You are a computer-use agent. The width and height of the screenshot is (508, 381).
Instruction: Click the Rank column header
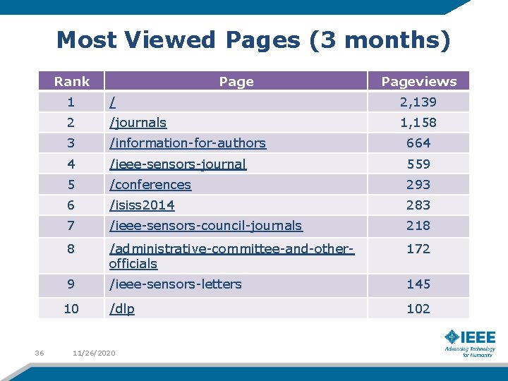tap(71, 81)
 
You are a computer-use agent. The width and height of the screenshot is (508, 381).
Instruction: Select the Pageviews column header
tap(419, 82)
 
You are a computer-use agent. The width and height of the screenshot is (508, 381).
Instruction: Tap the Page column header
tap(236, 82)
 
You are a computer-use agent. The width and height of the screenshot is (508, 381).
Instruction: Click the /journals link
tap(138, 123)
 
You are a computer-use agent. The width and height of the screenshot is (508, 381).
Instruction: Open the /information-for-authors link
tap(188, 143)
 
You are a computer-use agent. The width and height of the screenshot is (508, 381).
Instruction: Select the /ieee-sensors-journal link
tap(178, 164)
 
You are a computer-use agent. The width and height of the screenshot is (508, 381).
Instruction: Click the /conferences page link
tap(150, 185)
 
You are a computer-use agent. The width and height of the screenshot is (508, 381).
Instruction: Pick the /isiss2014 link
tap(142, 205)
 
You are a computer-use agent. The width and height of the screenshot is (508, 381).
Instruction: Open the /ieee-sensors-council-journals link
tap(206, 226)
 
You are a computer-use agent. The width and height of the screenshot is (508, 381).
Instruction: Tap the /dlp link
tap(122, 309)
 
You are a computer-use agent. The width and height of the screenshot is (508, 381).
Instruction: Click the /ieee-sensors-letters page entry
tap(175, 284)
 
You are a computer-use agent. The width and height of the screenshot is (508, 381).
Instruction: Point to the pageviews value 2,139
tap(418, 102)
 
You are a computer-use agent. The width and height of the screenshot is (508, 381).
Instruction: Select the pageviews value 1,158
tap(418, 123)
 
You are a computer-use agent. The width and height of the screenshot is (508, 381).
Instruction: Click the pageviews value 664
tap(418, 143)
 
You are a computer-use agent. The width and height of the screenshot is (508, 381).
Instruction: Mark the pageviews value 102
tap(418, 308)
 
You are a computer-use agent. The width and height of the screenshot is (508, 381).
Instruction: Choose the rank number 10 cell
tap(71, 308)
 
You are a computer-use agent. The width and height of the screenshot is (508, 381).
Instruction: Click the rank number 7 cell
tap(71, 226)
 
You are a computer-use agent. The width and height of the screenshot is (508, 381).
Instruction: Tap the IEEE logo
tap(470, 343)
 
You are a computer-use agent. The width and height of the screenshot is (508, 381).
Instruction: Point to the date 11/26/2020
tap(94, 353)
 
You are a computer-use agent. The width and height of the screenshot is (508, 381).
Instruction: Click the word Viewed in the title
tap(170, 40)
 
